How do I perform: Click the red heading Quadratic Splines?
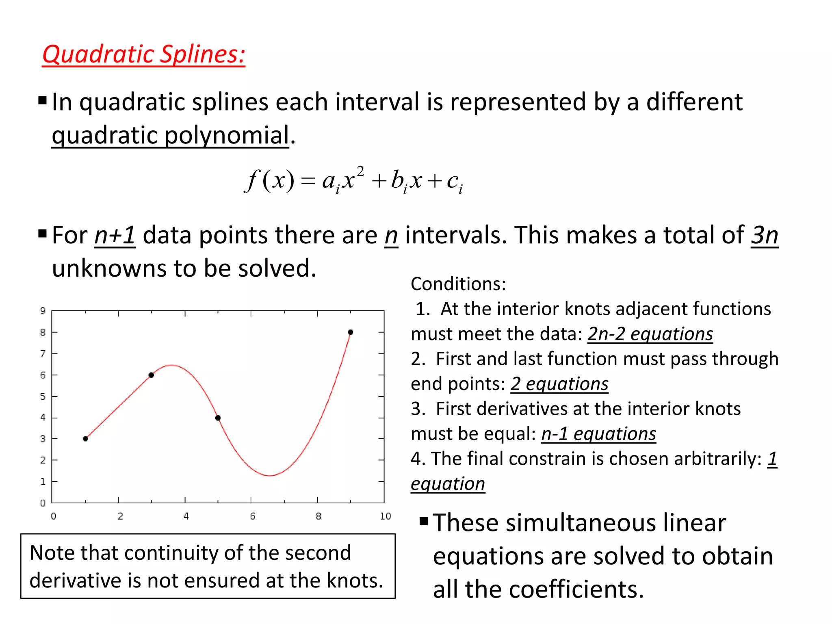(x=143, y=54)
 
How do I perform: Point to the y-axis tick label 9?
(x=43, y=311)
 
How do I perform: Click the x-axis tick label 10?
(x=385, y=516)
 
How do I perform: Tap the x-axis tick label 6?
(x=253, y=516)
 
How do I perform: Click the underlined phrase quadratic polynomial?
(x=170, y=135)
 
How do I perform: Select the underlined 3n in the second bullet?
(x=765, y=235)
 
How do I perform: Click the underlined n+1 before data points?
(x=115, y=235)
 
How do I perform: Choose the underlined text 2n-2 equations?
(x=650, y=334)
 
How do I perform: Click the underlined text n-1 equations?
(x=598, y=434)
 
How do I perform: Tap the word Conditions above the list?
(x=458, y=284)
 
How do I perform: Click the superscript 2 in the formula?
(x=360, y=171)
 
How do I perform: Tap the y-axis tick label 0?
(x=43, y=503)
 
